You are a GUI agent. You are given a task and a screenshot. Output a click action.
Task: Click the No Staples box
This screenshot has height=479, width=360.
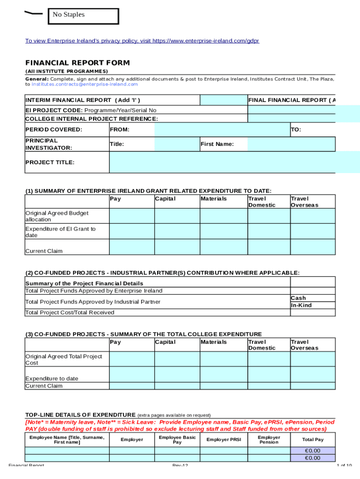click(83, 15)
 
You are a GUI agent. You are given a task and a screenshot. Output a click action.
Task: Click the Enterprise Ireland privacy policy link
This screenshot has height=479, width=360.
click(142, 41)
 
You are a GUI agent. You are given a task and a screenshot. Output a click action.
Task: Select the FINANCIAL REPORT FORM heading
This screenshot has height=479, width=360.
click(77, 63)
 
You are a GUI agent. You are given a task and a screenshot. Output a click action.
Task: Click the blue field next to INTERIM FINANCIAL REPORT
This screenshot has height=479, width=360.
click(223, 100)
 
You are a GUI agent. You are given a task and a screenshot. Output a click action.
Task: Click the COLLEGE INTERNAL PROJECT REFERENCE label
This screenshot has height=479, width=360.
click(91, 119)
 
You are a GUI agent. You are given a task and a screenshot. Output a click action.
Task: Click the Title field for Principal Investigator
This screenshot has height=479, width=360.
click(177, 144)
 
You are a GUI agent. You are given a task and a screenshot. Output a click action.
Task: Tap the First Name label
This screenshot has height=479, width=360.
click(217, 144)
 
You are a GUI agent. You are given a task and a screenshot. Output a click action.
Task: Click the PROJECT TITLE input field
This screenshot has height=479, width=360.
click(234, 162)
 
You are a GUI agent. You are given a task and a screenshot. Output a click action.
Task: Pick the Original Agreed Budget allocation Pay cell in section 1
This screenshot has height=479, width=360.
click(131, 216)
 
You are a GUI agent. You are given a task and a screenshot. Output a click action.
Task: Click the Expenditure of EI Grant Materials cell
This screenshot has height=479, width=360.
click(223, 232)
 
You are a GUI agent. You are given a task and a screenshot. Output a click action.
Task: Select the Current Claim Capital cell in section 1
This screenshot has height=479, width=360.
click(177, 247)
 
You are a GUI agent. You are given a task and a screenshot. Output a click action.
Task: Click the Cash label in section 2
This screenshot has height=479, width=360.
click(298, 298)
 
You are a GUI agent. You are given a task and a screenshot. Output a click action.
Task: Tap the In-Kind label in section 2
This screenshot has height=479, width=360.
click(301, 305)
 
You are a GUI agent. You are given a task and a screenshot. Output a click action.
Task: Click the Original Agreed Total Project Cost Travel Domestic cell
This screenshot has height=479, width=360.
click(268, 359)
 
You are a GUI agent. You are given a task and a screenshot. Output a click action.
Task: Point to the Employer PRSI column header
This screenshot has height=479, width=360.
click(223, 439)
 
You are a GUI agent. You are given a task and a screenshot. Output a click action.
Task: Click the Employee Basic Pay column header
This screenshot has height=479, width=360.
click(177, 439)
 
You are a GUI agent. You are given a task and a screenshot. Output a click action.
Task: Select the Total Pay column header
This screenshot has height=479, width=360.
click(312, 439)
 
